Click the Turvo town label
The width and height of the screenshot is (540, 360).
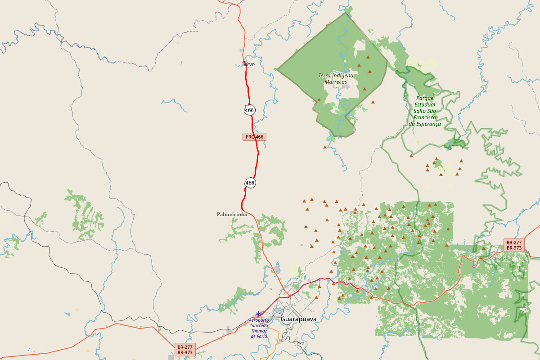(248, 64)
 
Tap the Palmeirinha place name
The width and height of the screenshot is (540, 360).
(232, 214)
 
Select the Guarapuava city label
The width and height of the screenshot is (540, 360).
(298, 319)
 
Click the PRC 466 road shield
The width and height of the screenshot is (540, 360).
(254, 136)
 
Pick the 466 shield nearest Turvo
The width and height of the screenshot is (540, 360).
(250, 110)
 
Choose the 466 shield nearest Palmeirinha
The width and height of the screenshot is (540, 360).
(250, 183)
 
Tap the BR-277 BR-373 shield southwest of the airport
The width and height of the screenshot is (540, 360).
(185, 350)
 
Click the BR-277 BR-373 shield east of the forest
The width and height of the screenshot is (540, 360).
(513, 245)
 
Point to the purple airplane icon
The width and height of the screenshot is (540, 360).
(258, 313)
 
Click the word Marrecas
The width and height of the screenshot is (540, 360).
(336, 82)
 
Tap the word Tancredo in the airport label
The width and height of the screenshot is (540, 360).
(259, 325)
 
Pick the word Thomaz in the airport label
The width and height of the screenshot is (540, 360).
(259, 331)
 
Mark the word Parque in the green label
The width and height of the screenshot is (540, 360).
(424, 98)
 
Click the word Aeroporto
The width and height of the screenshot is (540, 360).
(259, 320)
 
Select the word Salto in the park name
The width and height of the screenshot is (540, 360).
(420, 111)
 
